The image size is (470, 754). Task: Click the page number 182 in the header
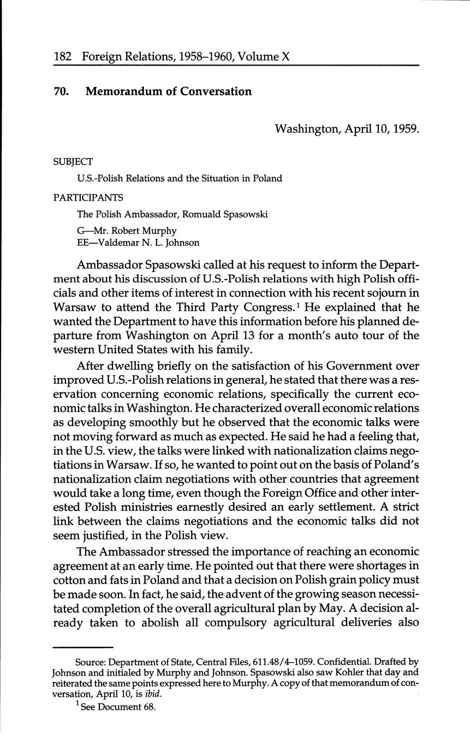tap(63, 56)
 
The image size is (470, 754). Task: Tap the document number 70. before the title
tap(61, 92)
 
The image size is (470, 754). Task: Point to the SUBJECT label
tap(73, 162)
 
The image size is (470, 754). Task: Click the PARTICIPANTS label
tap(88, 197)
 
